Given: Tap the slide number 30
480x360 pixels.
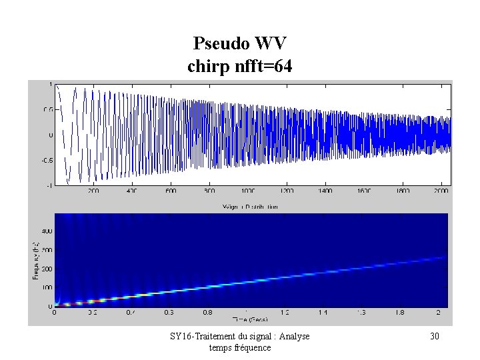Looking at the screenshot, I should (434, 337).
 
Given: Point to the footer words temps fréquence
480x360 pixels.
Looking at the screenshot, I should (240, 347).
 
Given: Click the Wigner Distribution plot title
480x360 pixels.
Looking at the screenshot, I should (250, 207).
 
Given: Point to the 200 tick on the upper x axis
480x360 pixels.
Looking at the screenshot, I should (93, 191).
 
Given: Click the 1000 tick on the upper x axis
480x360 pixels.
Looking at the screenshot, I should (249, 191).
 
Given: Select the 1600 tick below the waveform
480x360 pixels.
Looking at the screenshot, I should (365, 191).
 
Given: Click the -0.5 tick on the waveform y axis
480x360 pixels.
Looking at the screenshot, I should (46, 160).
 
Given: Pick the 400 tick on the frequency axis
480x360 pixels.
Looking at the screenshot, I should (47, 231).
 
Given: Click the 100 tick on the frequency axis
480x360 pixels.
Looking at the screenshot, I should (47, 287).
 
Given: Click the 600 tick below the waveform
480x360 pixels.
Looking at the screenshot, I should (171, 191).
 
